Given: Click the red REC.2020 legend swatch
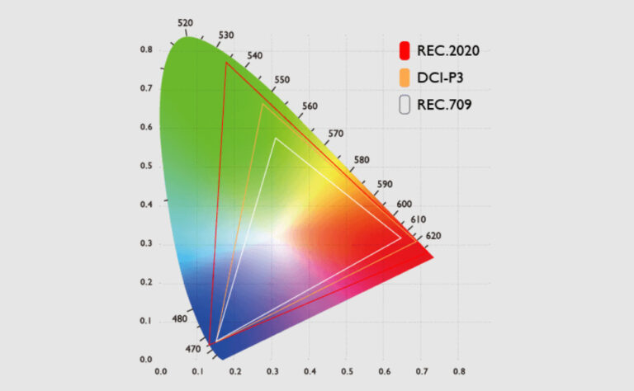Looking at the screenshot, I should [x=405, y=50].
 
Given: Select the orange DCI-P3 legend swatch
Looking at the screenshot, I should [x=405, y=78].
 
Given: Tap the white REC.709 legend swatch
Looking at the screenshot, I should [x=405, y=105].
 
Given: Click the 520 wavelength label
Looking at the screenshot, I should [x=186, y=22].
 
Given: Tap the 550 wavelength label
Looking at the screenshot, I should [x=282, y=80].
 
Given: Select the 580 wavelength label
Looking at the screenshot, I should [x=362, y=159].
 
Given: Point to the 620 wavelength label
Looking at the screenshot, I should [x=433, y=237].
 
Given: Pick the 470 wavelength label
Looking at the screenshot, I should [x=192, y=350].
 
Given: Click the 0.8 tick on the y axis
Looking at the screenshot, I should [x=145, y=49].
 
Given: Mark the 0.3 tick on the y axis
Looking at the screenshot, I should [x=145, y=243].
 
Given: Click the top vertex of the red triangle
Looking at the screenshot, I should [x=225, y=63].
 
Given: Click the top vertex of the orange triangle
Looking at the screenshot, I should [x=262, y=103].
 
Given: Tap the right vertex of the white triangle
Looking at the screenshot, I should [x=400, y=238].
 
